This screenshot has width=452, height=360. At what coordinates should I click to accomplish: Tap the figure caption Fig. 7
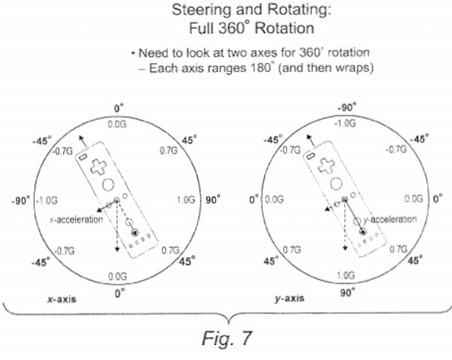[x=225, y=338]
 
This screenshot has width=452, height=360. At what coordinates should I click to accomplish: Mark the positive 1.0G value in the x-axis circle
[x=185, y=200]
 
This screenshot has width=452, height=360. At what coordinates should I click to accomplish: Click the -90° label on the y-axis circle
[x=346, y=108]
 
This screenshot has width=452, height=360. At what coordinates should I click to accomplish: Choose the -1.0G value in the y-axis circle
[x=346, y=122]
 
